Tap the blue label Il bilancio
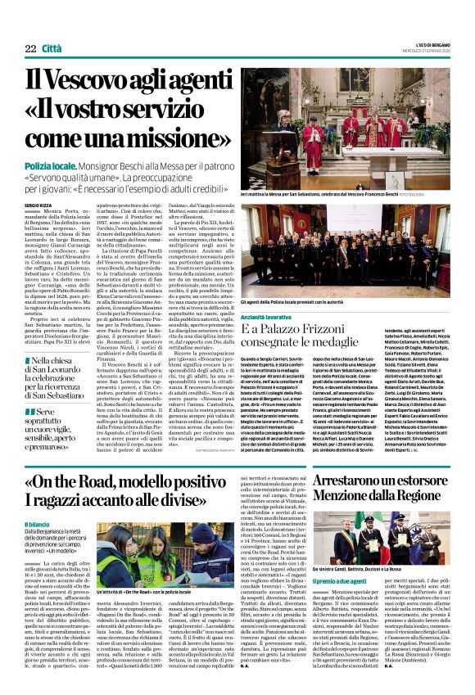37,524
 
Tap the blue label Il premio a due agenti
342,580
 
